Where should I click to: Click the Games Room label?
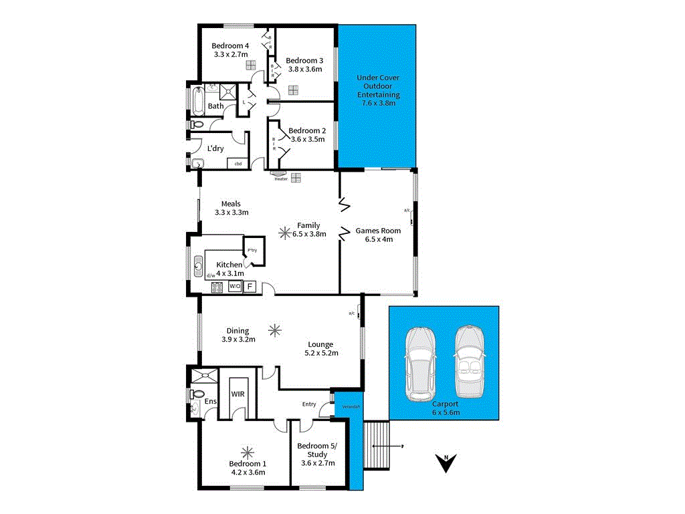click(378, 235)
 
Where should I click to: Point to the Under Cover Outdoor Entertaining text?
click(378, 90)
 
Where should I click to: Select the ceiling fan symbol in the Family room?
click(286, 233)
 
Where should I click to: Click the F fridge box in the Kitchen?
click(250, 287)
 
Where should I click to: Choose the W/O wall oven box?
click(235, 287)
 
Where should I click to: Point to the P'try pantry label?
click(252, 251)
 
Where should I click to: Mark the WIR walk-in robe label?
click(238, 394)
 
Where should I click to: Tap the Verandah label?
click(351, 407)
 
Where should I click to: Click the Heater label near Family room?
click(281, 178)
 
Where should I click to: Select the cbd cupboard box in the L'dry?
click(237, 164)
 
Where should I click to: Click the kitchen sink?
click(198, 267)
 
